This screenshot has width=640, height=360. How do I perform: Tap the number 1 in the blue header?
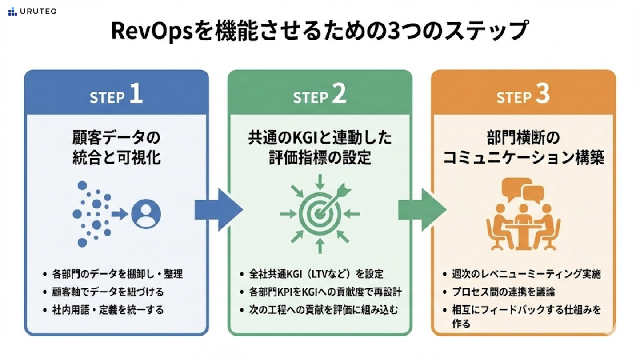(x=136, y=96)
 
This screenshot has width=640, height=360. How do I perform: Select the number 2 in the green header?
(x=339, y=96)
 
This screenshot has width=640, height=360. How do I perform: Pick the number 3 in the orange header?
(x=543, y=96)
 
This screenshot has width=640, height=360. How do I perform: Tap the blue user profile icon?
(x=147, y=214)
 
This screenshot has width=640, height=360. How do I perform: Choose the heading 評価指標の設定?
(x=320, y=158)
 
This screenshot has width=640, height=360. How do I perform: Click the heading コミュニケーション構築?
(x=524, y=158)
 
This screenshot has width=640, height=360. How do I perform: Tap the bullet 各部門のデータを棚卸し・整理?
(x=117, y=273)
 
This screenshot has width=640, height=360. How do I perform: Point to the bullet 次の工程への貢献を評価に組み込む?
(x=324, y=309)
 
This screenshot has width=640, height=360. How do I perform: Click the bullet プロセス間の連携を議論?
(x=504, y=292)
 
